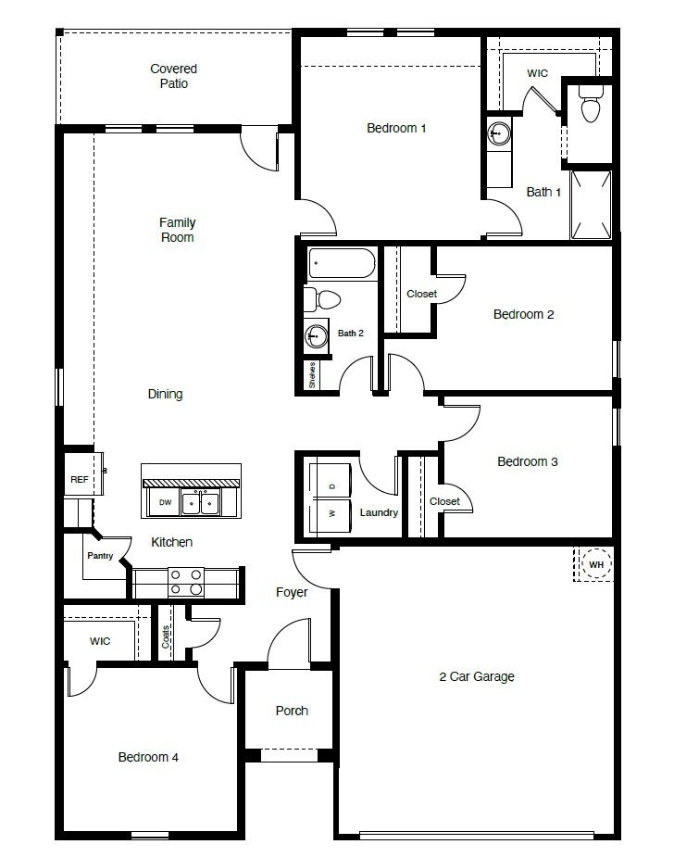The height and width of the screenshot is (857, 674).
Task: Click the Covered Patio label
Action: tap(174, 76)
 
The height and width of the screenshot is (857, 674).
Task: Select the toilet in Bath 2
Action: tap(323, 298)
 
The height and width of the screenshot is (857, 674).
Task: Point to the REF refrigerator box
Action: tap(79, 479)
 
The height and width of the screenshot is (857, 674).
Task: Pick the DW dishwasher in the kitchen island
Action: tap(166, 502)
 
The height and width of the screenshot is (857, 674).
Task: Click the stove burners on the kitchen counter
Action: tap(185, 582)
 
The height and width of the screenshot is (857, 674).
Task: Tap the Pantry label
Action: tap(100, 556)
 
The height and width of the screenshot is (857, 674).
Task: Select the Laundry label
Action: tap(380, 512)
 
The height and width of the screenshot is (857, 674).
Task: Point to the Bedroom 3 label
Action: tap(528, 461)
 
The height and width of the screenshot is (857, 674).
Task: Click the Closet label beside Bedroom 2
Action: tap(422, 294)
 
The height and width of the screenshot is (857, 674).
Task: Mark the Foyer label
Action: tap(292, 592)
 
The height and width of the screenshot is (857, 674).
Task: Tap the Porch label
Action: tap(292, 711)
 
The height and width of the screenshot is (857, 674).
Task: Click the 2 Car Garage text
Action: tap(476, 676)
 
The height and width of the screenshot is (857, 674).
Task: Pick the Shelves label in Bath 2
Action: tap(313, 375)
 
